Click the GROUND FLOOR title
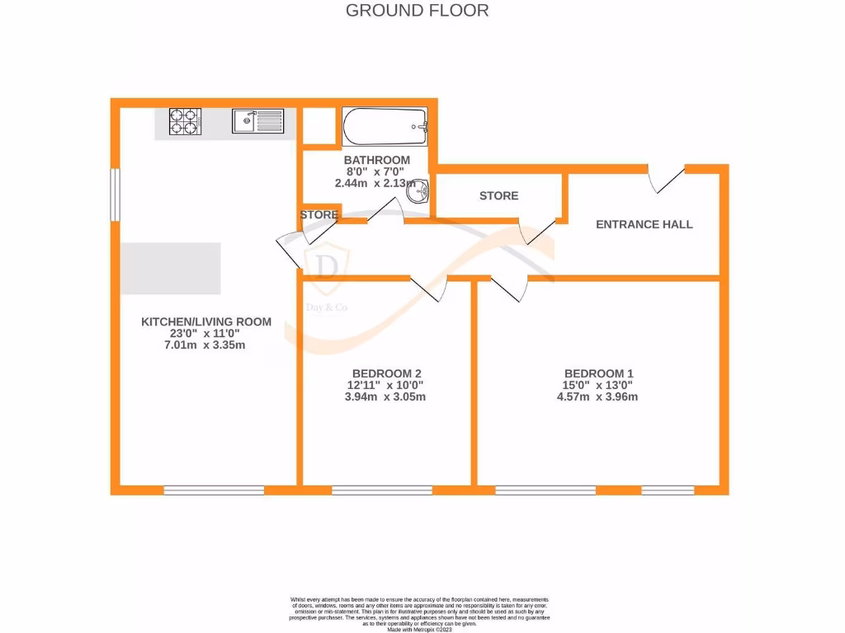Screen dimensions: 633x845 417,11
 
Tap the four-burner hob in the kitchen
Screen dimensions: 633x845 186,122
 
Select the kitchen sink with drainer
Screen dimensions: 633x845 257,122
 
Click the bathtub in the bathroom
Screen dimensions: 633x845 385,126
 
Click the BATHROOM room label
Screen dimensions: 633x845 376,160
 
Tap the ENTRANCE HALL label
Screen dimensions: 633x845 644,224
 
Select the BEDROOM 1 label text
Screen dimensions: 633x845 598,373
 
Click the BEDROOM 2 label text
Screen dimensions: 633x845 386,373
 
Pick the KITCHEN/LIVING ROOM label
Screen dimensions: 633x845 205,321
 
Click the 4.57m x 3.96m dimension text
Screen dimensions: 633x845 597,396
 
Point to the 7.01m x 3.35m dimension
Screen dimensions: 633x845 205,345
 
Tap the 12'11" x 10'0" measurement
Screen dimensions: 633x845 386,385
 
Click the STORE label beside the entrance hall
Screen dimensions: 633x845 498,196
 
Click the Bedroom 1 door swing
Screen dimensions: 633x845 510,288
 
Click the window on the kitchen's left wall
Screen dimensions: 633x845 116,195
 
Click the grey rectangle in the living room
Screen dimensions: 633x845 171,269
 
